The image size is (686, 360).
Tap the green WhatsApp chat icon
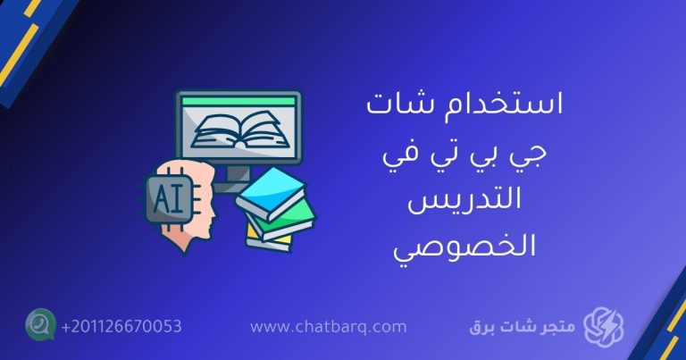click(40, 325)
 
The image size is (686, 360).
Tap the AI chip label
click(166, 198)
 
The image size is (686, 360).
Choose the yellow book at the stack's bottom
click(268, 239)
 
